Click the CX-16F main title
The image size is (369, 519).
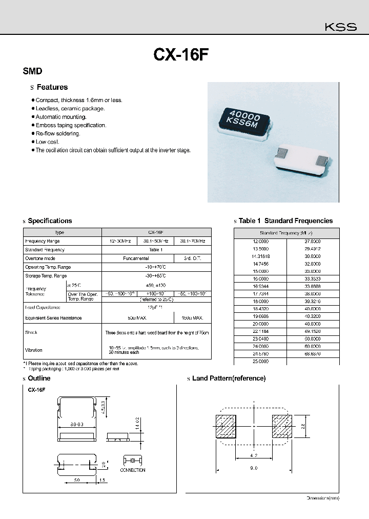pos(181,55)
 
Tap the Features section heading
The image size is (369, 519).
pos(52,87)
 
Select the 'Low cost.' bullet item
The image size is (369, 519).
pos(48,142)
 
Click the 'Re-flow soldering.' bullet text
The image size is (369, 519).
pos(58,133)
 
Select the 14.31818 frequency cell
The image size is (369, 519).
pos(260,256)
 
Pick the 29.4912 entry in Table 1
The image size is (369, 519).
pos(312,248)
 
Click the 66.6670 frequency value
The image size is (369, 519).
pos(312,354)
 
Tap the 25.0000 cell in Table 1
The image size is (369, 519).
pos(260,362)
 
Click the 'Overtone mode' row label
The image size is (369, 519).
pos(40,258)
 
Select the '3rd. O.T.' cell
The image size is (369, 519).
pos(192,258)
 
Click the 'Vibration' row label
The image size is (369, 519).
pos(34,350)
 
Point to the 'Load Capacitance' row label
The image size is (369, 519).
pos(43,307)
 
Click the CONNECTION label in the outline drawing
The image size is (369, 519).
pos(133,470)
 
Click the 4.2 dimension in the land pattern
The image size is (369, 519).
pos(254,455)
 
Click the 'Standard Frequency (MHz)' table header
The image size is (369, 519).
pos(286,232)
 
